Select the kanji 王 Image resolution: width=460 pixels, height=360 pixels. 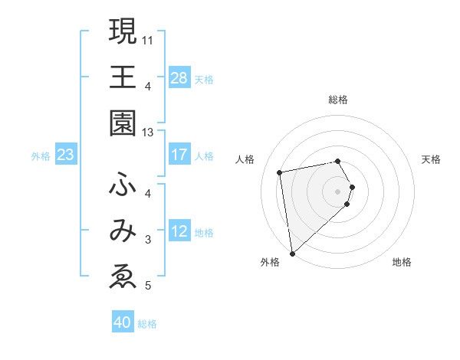click(x=123, y=77)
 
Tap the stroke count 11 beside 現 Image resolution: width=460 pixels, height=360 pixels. click(x=148, y=38)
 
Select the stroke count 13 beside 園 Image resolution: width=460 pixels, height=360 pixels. click(x=148, y=132)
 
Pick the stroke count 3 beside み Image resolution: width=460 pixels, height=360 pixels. click(x=148, y=240)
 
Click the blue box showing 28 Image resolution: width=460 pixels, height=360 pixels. click(x=179, y=78)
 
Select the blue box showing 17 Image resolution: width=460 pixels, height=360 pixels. click(x=179, y=155)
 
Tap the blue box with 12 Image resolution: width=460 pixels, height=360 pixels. click(x=179, y=232)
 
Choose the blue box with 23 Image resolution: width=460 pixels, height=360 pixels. click(x=66, y=155)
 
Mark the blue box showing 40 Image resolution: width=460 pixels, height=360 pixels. click(x=123, y=322)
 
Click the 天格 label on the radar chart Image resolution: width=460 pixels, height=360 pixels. click(x=431, y=159)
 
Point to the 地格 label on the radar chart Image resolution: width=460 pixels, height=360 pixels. click(x=402, y=262)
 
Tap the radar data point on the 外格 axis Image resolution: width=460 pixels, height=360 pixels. click(x=292, y=254)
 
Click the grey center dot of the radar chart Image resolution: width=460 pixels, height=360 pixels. click(x=338, y=191)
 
